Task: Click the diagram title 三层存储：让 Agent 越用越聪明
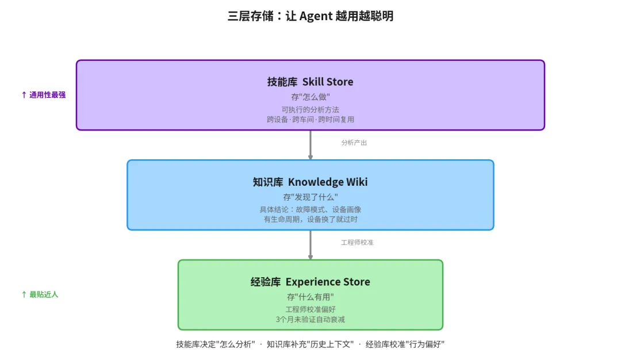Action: pyautogui.click(x=310, y=16)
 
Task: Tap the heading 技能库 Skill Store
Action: pyautogui.click(x=310, y=82)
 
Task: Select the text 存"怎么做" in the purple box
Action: pyautogui.click(x=310, y=97)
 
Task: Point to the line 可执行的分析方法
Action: pyautogui.click(x=310, y=109)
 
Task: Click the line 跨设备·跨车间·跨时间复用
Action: pyautogui.click(x=310, y=120)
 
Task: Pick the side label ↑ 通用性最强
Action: pyautogui.click(x=43, y=95)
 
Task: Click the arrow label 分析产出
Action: pyautogui.click(x=354, y=143)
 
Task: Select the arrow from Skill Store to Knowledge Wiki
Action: pyautogui.click(x=310, y=145)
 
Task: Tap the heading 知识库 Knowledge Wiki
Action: pyautogui.click(x=310, y=182)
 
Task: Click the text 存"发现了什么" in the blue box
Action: pyautogui.click(x=310, y=197)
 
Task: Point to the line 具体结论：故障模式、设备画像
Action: pyautogui.click(x=310, y=209)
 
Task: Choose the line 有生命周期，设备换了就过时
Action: pyautogui.click(x=310, y=219)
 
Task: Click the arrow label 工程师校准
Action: pyautogui.click(x=357, y=243)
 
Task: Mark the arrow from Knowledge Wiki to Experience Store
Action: pyautogui.click(x=310, y=245)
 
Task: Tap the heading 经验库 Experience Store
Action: pyautogui.click(x=310, y=282)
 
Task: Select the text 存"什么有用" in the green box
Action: pyautogui.click(x=310, y=297)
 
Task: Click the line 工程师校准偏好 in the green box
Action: pyautogui.click(x=310, y=309)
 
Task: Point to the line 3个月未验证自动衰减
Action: pyautogui.click(x=310, y=319)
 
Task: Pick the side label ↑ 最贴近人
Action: pyautogui.click(x=40, y=294)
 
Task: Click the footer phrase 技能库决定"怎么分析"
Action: pyautogui.click(x=216, y=344)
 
